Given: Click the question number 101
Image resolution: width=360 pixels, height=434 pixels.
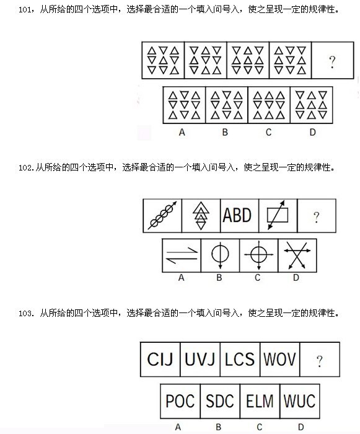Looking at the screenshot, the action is click(24, 10).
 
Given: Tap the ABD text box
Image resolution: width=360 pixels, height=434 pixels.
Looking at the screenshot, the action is click(237, 215).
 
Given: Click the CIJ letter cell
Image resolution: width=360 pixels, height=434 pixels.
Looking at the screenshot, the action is click(160, 359).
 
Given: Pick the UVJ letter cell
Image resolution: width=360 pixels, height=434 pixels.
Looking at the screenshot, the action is click(200, 359).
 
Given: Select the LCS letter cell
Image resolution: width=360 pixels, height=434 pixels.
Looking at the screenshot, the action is click(240, 359).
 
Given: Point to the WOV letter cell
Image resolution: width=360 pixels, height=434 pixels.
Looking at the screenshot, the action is click(279, 359).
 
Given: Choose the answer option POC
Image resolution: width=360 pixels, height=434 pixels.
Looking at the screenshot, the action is click(180, 401).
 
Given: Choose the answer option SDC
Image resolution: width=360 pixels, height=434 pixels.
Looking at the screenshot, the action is click(220, 401).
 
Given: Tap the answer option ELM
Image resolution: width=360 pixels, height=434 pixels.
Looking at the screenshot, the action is click(260, 401).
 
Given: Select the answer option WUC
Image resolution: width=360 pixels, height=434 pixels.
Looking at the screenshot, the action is click(300, 401).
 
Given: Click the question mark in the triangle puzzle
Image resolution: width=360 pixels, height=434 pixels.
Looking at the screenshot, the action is click(332, 62).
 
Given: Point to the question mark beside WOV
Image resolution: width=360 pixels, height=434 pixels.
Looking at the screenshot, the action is click(320, 361).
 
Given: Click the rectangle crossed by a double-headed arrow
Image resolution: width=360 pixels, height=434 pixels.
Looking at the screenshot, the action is click(278, 215).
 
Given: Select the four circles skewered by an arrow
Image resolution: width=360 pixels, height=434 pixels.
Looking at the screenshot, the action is click(162, 215).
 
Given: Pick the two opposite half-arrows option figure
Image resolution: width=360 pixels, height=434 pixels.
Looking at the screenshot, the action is click(182, 255).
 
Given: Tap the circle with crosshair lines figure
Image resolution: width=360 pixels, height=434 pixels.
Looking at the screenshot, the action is click(259, 255).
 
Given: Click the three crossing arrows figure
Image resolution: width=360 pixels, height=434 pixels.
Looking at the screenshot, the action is click(297, 255).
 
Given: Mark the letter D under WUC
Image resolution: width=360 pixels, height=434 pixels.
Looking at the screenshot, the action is click(301, 427).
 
